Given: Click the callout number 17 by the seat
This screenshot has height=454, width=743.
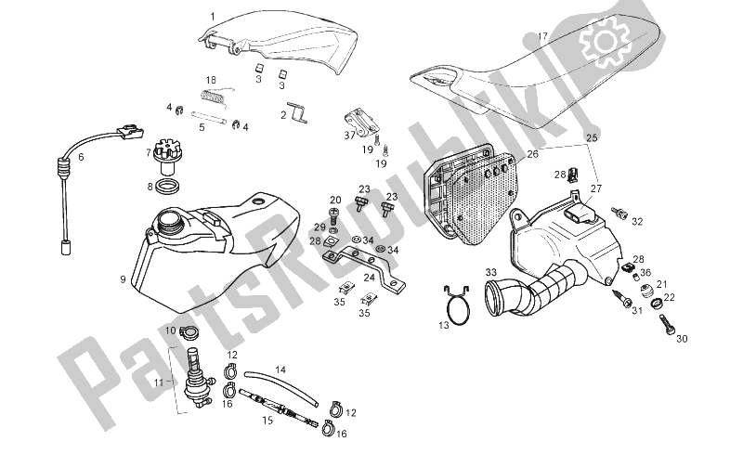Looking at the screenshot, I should pos(542,38).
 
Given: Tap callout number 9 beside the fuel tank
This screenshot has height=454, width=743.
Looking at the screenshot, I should pos(123,277).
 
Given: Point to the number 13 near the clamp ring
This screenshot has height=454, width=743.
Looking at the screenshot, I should pos(443,324).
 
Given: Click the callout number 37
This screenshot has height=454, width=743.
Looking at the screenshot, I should pos(349,135).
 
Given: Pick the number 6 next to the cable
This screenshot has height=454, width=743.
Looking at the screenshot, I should pos(81,157).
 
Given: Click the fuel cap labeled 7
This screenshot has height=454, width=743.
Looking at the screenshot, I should pos(168,155).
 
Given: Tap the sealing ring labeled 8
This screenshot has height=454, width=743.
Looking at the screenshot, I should pos(168,188).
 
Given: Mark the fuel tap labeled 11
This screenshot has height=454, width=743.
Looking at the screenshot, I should pos(198,377).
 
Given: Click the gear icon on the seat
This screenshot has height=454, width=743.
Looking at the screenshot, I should pos(601,38).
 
